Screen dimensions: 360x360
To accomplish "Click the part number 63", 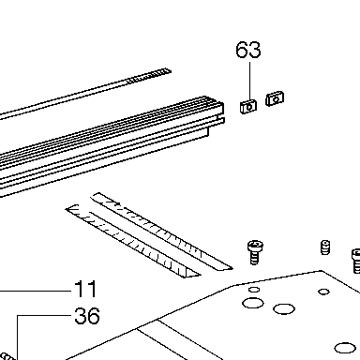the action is tap(248, 50).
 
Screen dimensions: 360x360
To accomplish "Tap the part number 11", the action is tap(85, 289).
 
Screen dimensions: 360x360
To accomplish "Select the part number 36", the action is tap(87, 316).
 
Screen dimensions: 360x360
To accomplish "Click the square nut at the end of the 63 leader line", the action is tap(248, 107).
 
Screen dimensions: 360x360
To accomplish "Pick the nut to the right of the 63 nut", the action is tap(275, 98).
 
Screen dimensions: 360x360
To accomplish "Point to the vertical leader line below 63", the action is tap(249, 83).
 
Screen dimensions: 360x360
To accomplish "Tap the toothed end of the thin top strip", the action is tap(149, 76).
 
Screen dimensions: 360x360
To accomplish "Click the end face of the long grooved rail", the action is tap(216, 117).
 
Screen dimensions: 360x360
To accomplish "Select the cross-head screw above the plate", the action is tap(255, 252).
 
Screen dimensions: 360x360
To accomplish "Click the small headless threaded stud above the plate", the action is tap(325, 247).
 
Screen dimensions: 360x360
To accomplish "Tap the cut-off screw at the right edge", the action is tap(356, 261).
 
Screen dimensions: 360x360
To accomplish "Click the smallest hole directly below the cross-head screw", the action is tap(254, 290).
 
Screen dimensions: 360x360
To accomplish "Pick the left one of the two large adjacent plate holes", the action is tap(253, 303).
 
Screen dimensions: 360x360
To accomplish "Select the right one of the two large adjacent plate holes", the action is tap(284, 308).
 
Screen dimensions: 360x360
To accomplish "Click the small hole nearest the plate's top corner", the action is tap(323, 292).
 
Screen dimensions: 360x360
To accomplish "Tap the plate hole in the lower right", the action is tap(345, 348).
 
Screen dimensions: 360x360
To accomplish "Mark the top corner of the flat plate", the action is tap(322, 271).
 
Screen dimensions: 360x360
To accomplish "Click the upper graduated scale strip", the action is tap(161, 232).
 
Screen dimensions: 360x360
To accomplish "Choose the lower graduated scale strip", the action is tap(133, 241).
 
